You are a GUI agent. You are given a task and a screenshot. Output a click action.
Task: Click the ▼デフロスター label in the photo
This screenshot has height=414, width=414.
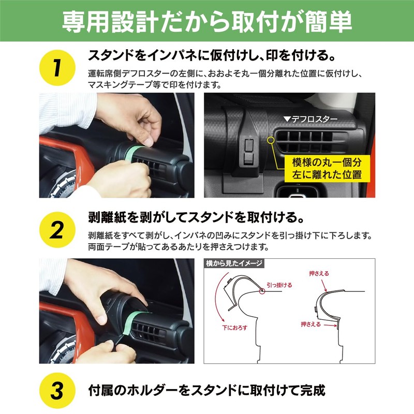(310, 119)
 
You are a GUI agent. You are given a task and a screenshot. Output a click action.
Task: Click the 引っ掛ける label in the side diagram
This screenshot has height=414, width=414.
(279, 285)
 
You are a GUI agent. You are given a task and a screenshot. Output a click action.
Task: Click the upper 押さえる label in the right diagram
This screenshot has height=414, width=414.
(319, 273)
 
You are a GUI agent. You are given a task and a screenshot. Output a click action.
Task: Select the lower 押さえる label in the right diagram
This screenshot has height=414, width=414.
(310, 324)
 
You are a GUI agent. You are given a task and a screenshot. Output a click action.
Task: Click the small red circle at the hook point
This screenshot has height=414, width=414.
(263, 291)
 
